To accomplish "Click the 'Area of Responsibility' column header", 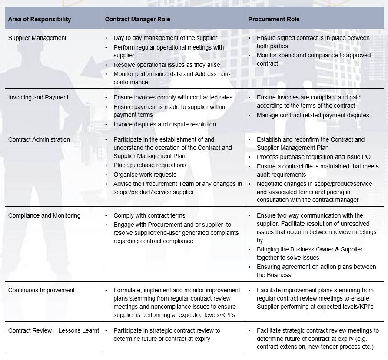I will [x=40, y=19].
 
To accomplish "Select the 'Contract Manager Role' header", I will [x=137, y=19].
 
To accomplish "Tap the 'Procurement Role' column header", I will [x=274, y=19].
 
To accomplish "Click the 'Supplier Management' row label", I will [x=37, y=38].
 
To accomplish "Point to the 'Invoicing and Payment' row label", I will [x=38, y=97].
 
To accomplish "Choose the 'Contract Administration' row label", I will [x=39, y=139].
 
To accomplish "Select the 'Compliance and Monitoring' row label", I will [x=44, y=215].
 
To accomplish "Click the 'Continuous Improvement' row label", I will [x=41, y=290].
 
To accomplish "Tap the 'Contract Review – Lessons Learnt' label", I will [x=53, y=330].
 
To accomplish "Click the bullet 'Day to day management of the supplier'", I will [x=165, y=38].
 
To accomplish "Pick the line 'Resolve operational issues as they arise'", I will [x=167, y=65].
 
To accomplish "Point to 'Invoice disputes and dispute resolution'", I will [x=165, y=124].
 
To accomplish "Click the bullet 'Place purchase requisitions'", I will [x=149, y=165].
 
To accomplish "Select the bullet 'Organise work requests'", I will [x=145, y=174].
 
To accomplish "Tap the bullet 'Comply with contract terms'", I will [x=149, y=215].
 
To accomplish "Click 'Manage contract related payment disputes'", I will [x=313, y=115].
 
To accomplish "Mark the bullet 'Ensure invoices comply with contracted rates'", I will [x=173, y=97].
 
